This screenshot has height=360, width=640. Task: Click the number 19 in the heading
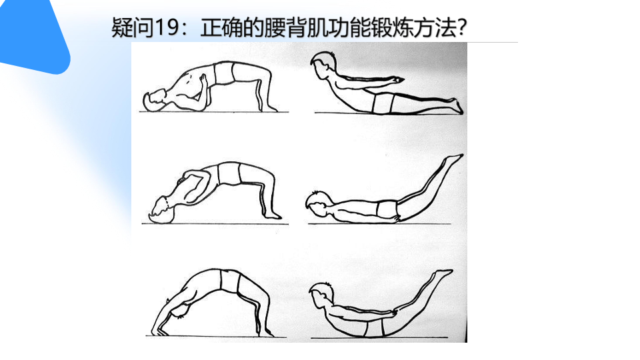tap(167, 28)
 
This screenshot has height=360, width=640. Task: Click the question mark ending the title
tap(461, 28)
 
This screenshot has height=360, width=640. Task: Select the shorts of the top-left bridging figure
tap(224, 73)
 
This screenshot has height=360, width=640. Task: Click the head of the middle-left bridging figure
tap(163, 211)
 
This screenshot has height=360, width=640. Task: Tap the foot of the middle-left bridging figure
tap(272, 215)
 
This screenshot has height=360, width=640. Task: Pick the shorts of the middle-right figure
tap(387, 209)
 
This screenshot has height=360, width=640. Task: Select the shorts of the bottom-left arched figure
tap(230, 281)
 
